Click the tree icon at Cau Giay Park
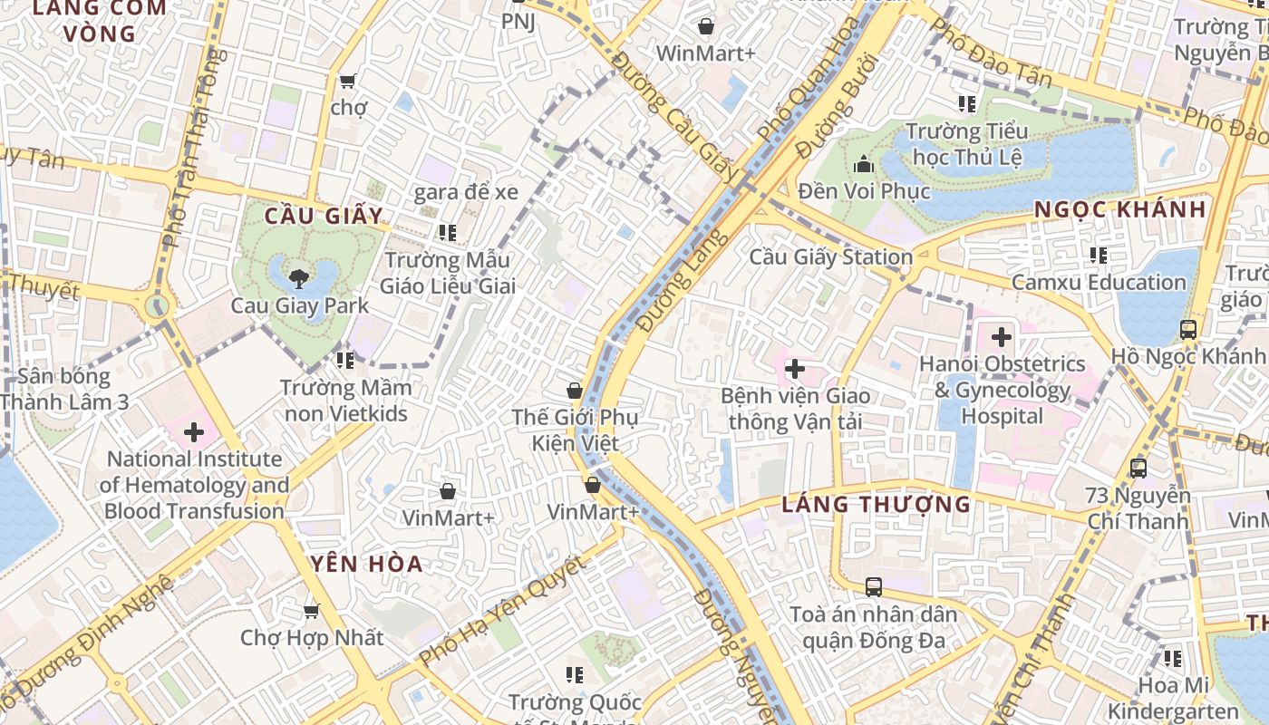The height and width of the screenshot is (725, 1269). [296, 277]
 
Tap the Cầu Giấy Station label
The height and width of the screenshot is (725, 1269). [830, 256]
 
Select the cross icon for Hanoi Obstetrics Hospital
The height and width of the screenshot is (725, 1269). [1001, 338]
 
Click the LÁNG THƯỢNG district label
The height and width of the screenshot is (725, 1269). [876, 504]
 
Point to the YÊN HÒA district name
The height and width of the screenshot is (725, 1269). [367, 564]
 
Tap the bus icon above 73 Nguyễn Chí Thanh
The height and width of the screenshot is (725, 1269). [1138, 469]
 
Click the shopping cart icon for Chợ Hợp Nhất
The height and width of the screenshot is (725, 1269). [311, 611]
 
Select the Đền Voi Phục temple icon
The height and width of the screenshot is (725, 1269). [863, 165]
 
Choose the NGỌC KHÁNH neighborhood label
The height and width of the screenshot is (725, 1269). [1120, 209]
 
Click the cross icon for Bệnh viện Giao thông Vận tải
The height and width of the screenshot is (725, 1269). [794, 369]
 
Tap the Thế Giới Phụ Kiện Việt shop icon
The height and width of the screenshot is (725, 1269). [574, 391]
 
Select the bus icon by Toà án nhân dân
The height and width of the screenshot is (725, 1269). [873, 587]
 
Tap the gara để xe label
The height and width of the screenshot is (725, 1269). [466, 191]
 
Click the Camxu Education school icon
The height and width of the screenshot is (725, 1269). [1098, 256]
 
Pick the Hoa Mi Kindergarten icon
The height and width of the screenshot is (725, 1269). [1172, 659]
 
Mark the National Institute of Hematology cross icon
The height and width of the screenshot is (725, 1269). [193, 432]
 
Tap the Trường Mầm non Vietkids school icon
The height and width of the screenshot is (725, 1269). [344, 361]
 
